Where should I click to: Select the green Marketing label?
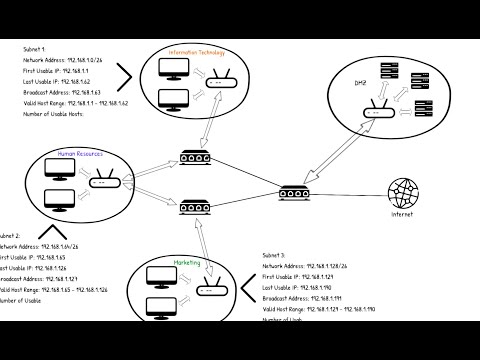pyautogui.click(x=188, y=264)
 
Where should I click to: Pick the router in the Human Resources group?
pyautogui.click(x=102, y=183)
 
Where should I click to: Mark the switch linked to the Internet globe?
pyautogui.click(x=296, y=190)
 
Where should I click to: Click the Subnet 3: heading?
pyautogui.click(x=275, y=256)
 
